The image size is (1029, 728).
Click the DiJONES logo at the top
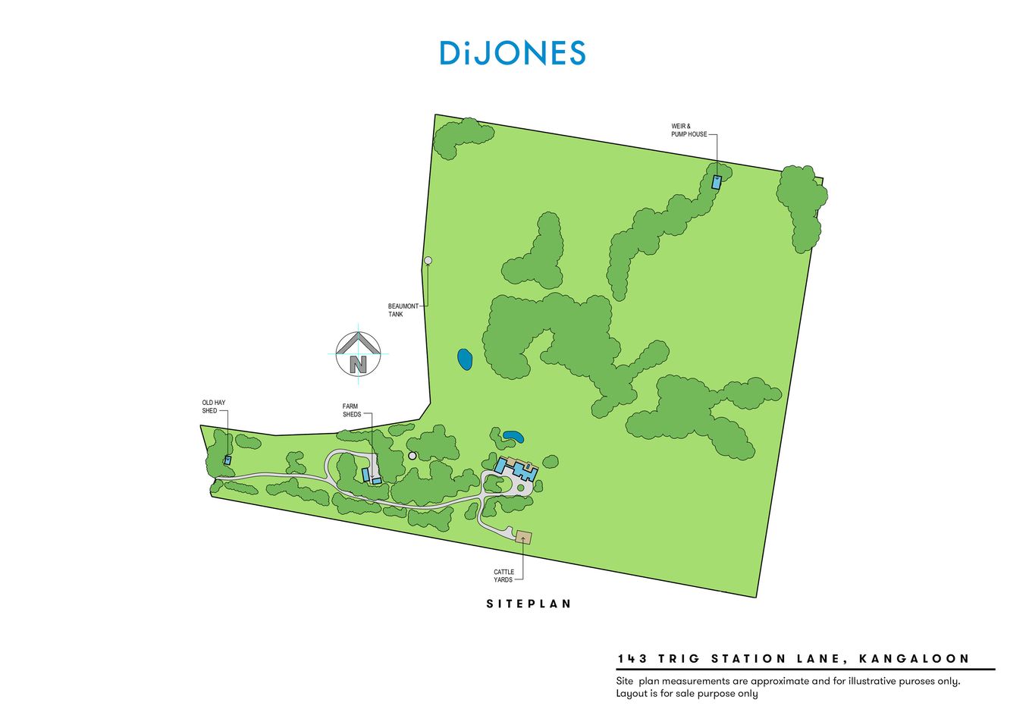point(513,52)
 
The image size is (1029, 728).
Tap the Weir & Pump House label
point(688,130)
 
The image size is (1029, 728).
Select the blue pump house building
point(716,182)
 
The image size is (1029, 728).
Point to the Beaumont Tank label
point(403,310)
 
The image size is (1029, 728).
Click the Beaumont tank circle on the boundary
point(428,261)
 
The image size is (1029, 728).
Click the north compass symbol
point(358,354)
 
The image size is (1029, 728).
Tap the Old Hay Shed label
point(213,407)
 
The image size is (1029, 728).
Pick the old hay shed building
point(227,460)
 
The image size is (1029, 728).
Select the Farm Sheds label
point(351,410)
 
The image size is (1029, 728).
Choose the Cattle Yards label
point(504,576)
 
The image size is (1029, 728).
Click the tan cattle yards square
point(523,538)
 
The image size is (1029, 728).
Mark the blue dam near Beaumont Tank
point(465,359)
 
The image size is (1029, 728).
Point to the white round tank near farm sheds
point(413,456)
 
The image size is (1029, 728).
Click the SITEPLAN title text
point(529,604)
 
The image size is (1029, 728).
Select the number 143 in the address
point(632,659)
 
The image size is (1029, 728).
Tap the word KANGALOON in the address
point(914,659)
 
